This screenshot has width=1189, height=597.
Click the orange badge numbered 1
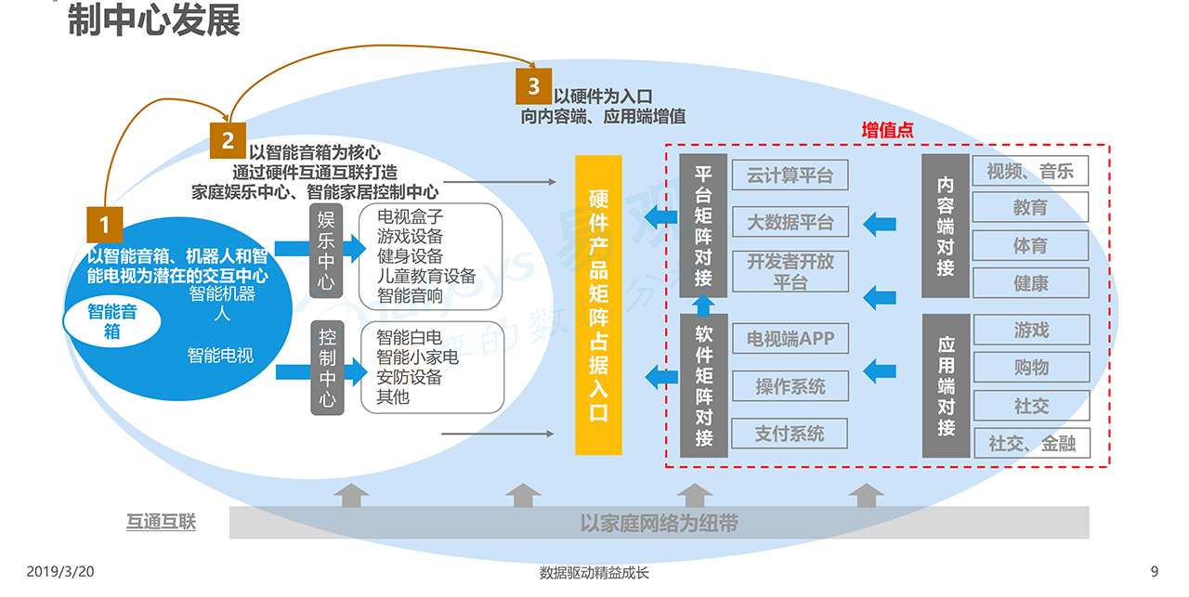coord(105,224)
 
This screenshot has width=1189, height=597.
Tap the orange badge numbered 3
coord(533,86)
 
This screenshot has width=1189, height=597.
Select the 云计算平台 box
coord(790,174)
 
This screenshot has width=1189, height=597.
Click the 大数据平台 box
coord(790,222)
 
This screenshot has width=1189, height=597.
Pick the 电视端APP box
coord(790,339)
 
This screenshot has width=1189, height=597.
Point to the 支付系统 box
coord(790,434)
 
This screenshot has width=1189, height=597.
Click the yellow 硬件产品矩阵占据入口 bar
coord(598,305)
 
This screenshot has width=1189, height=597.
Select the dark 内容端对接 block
coord(946,226)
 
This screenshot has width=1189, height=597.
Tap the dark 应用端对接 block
coord(946,385)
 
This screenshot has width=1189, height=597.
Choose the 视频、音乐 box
coord(1030,171)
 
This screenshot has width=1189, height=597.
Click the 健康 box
coord(1030,283)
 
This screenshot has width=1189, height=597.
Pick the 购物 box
coord(1030,367)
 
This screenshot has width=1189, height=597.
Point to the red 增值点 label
coord(887,131)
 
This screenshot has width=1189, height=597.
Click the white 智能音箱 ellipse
coord(111,321)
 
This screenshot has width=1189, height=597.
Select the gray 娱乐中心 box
coord(326,251)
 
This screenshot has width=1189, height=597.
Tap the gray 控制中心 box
coord(326,367)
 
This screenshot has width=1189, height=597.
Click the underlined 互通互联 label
coord(162,522)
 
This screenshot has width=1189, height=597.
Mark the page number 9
coord(1155,572)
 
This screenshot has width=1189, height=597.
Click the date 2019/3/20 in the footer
coord(60,572)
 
